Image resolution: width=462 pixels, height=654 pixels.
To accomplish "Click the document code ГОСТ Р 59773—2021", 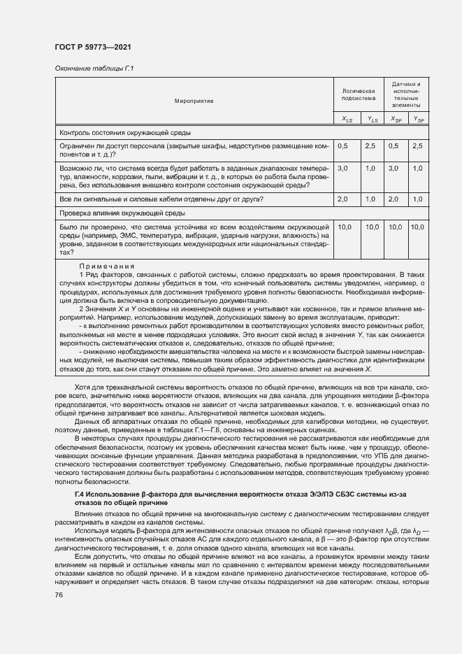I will point(93,47).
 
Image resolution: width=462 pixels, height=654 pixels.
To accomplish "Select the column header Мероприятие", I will point(194,101).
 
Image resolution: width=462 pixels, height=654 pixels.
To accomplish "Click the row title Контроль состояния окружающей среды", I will point(126,132).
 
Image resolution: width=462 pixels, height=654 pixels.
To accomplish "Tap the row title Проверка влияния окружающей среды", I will point(122,212).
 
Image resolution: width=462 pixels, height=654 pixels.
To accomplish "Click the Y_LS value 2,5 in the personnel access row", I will point(370,145).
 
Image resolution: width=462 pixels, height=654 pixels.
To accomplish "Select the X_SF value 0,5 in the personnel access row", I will point(394,145).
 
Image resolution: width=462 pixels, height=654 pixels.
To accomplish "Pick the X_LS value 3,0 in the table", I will point(343,169).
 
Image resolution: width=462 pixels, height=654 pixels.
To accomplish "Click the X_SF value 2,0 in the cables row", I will point(394,199).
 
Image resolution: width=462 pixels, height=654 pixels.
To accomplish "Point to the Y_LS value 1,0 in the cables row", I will point(370,199).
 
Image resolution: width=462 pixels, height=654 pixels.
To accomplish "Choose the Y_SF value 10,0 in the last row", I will point(417,227).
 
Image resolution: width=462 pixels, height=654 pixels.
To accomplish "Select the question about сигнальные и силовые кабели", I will point(161,199).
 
